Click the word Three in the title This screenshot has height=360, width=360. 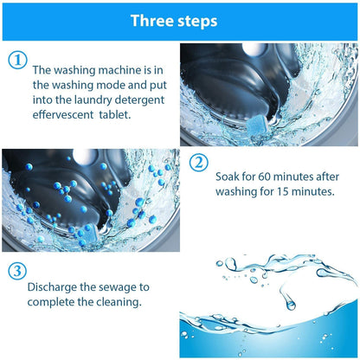pos(154,22)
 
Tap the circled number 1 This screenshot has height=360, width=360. pos(16,60)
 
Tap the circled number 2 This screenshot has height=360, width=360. pos(198,162)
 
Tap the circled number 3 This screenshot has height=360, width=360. pos(16,270)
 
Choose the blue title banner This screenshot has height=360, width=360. pos(180,22)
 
